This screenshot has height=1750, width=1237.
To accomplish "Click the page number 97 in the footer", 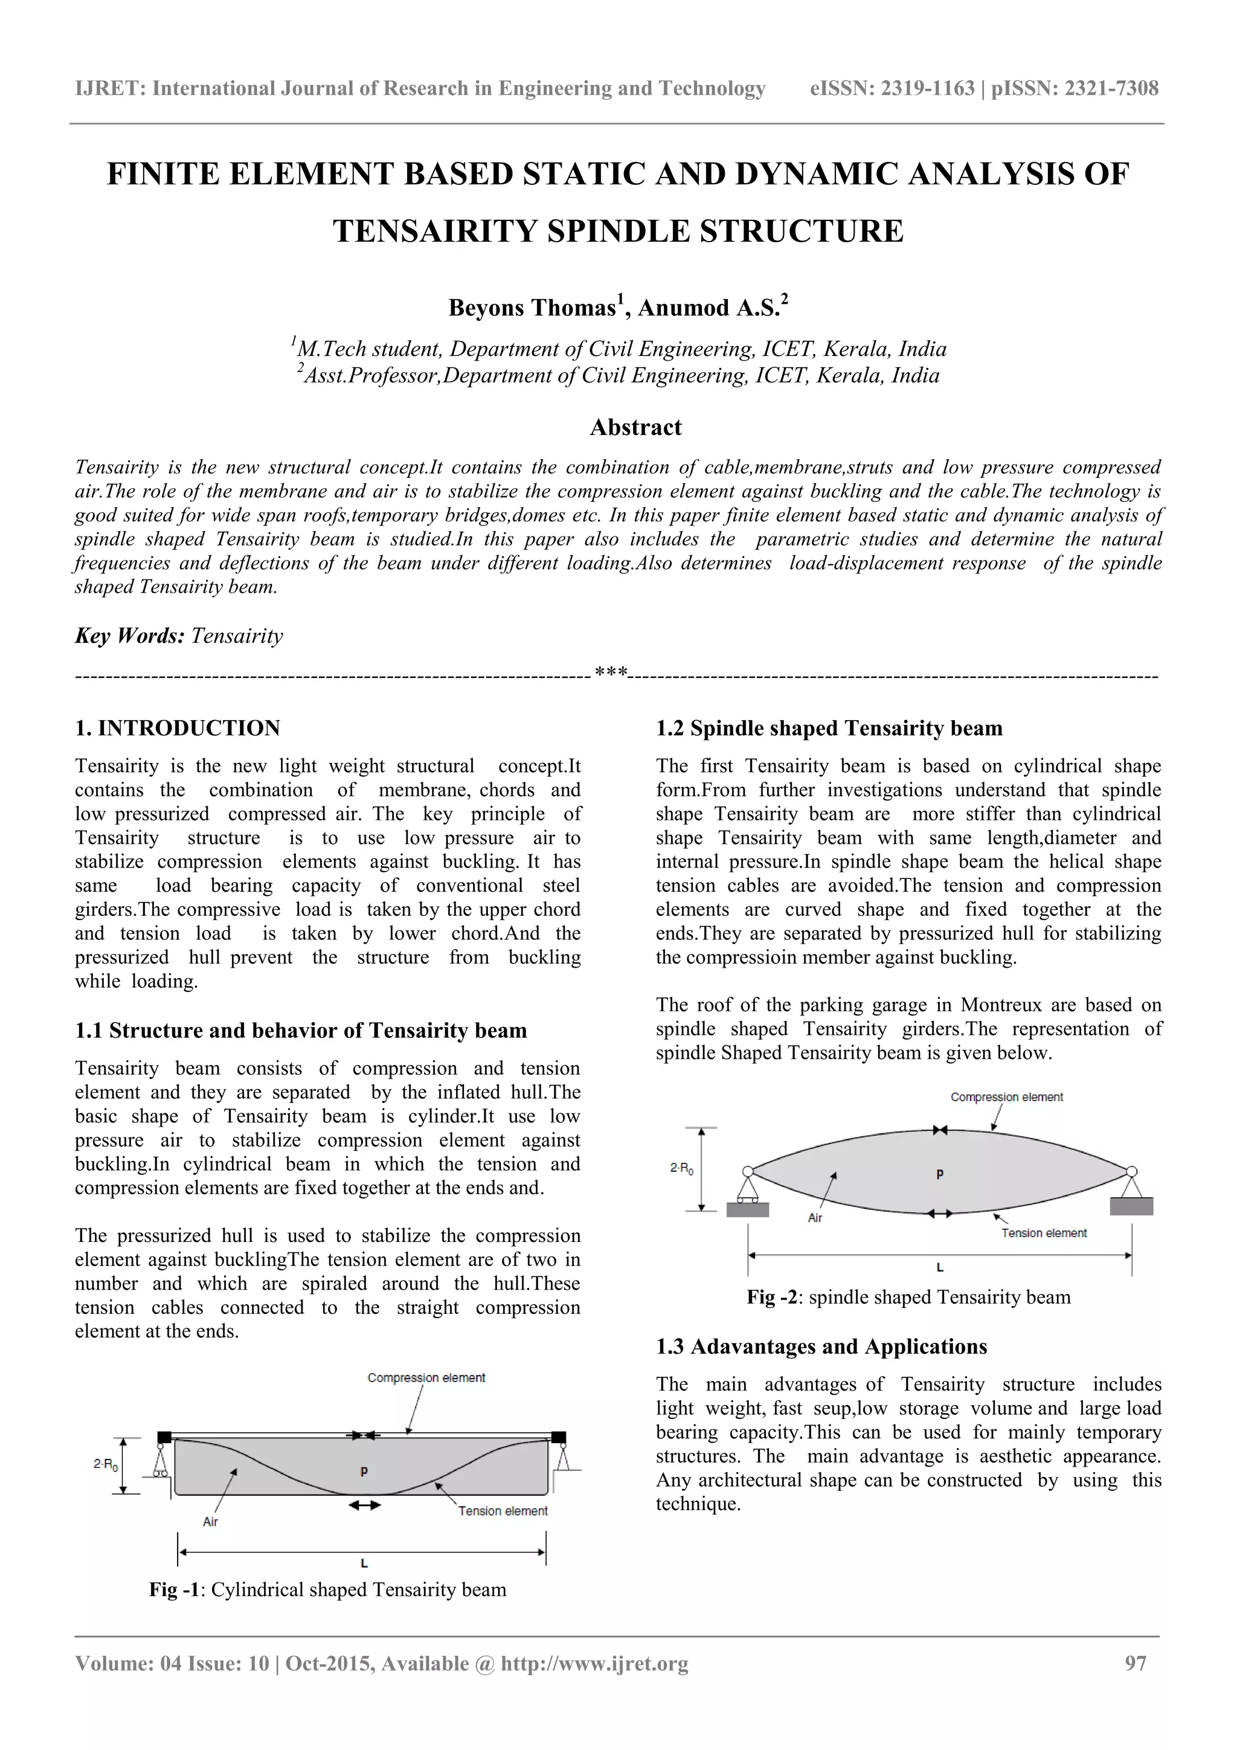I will [1135, 1663].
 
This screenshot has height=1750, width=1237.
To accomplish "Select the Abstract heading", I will [635, 428].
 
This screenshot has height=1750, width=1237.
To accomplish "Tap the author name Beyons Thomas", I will [532, 308].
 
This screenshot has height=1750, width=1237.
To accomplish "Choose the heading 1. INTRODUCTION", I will [178, 728].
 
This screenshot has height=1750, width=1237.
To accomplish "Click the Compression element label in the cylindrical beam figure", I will [426, 1377].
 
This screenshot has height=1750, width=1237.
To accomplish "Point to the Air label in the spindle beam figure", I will [815, 1218].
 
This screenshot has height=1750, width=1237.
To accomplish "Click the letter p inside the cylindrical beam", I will [364, 1470].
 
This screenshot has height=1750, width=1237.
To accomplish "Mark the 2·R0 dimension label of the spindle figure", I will [681, 1168].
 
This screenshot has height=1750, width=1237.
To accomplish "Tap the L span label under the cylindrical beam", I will [364, 1563].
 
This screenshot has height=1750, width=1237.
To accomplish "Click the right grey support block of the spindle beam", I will [1131, 1206].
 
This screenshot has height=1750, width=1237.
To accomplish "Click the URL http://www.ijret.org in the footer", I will [594, 1663].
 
